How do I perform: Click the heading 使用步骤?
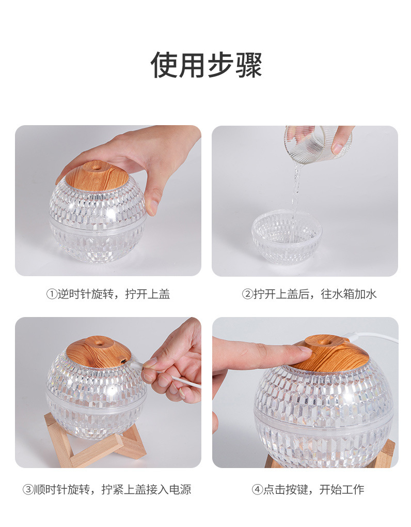click(x=206, y=65)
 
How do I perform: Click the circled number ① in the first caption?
click(x=51, y=294)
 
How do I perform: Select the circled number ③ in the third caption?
click(x=27, y=489)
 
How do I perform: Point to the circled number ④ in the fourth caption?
click(x=257, y=489)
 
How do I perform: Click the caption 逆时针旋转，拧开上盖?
click(x=114, y=294)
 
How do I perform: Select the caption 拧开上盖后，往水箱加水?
click(x=314, y=294)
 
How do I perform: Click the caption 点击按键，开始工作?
click(x=313, y=489)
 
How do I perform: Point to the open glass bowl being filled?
click(x=287, y=238)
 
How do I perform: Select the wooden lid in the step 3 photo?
click(x=97, y=351)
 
